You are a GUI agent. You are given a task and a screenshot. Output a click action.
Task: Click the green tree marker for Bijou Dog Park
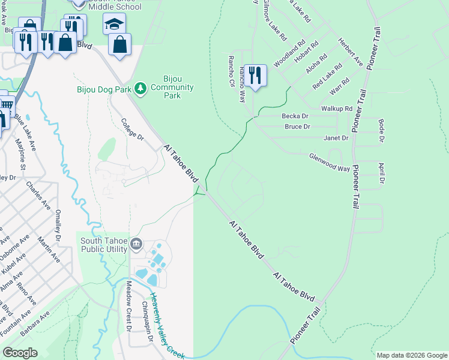click(x=140, y=89)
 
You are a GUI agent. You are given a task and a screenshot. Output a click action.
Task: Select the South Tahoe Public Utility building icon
click(x=136, y=245)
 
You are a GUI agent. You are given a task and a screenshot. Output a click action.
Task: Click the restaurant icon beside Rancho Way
click(x=255, y=76)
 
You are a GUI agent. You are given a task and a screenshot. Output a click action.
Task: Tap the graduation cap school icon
click(x=113, y=25)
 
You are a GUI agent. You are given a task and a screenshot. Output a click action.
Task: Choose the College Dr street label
click(x=133, y=129)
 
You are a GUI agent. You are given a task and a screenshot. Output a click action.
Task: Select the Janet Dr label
click(x=336, y=138)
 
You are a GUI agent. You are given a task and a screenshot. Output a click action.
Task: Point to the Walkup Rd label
click(x=337, y=109)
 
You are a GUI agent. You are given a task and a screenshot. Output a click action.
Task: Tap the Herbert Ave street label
click(x=351, y=53)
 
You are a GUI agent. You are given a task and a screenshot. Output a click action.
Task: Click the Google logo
click(x=20, y=353)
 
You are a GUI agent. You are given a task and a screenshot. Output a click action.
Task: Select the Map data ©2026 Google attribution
click(x=412, y=355)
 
